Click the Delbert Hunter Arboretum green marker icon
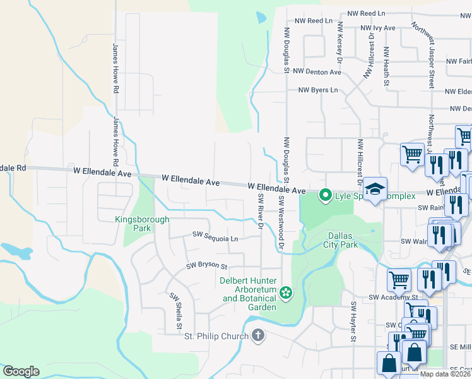pos(286,292)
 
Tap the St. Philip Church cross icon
pos(257,335)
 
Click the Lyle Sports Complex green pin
pos(326,195)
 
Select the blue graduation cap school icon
pos(375,190)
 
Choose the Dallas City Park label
pos(341,239)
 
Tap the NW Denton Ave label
pos(316,72)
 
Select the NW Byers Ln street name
pos(319,90)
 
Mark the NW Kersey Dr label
pos(339,43)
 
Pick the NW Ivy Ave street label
pos(377,28)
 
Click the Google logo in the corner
pos(21,371)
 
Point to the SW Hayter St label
pos(354,323)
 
